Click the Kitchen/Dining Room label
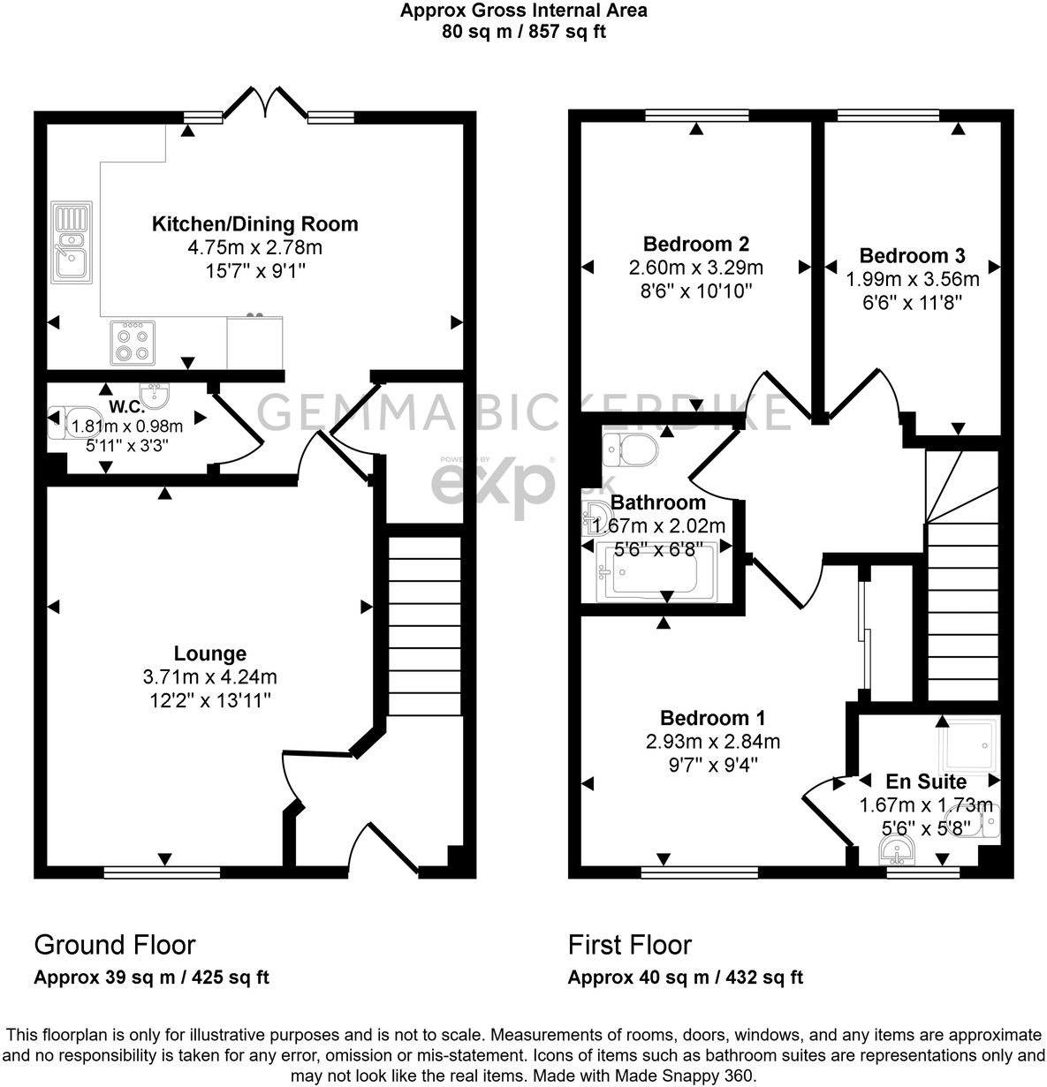(255, 223)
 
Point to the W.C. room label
(120, 407)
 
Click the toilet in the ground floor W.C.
(60, 425)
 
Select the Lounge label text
(209, 653)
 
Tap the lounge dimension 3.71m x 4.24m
(209, 677)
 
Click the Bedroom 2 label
(696, 244)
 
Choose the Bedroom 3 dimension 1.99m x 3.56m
(912, 279)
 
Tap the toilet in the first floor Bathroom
(629, 450)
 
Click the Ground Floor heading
(115, 945)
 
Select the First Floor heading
(629, 945)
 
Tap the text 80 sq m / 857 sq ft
(523, 32)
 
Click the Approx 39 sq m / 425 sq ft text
(151, 978)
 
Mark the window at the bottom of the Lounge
(162, 872)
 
